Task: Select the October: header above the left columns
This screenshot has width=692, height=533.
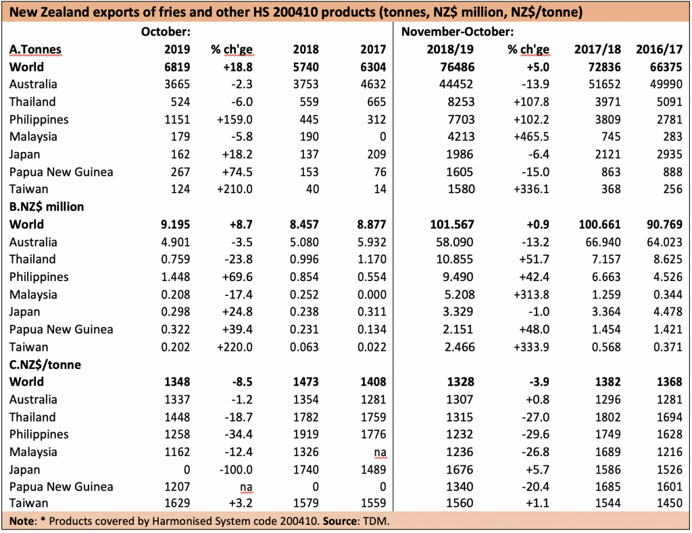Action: click(x=166, y=32)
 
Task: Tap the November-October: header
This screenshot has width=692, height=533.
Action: click(x=458, y=32)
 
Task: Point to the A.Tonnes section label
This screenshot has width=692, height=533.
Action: click(x=35, y=49)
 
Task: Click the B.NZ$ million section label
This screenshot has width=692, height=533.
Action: click(x=47, y=207)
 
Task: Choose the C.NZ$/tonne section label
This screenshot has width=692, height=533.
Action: click(x=45, y=364)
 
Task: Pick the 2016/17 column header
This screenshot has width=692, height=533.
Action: click(x=659, y=49)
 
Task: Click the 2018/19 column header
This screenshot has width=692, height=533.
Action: click(x=450, y=49)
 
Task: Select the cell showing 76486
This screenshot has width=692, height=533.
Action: click(x=458, y=67)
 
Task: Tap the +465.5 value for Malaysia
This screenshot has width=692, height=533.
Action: click(x=531, y=136)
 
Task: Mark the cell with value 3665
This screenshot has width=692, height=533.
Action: click(x=177, y=84)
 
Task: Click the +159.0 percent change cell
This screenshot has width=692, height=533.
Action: click(x=234, y=120)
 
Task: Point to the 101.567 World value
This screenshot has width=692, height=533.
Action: click(x=452, y=224)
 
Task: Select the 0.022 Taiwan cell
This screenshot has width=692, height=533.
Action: click(x=372, y=347)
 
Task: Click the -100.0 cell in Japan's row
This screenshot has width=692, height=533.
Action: click(x=236, y=469)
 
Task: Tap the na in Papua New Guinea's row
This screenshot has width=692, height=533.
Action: click(x=246, y=487)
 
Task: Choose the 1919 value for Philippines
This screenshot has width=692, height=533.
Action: click(x=306, y=434)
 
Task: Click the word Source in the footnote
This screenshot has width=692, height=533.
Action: click(x=339, y=521)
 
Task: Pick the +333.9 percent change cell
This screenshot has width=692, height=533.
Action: click(x=531, y=347)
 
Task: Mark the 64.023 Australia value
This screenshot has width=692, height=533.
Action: click(x=665, y=243)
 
